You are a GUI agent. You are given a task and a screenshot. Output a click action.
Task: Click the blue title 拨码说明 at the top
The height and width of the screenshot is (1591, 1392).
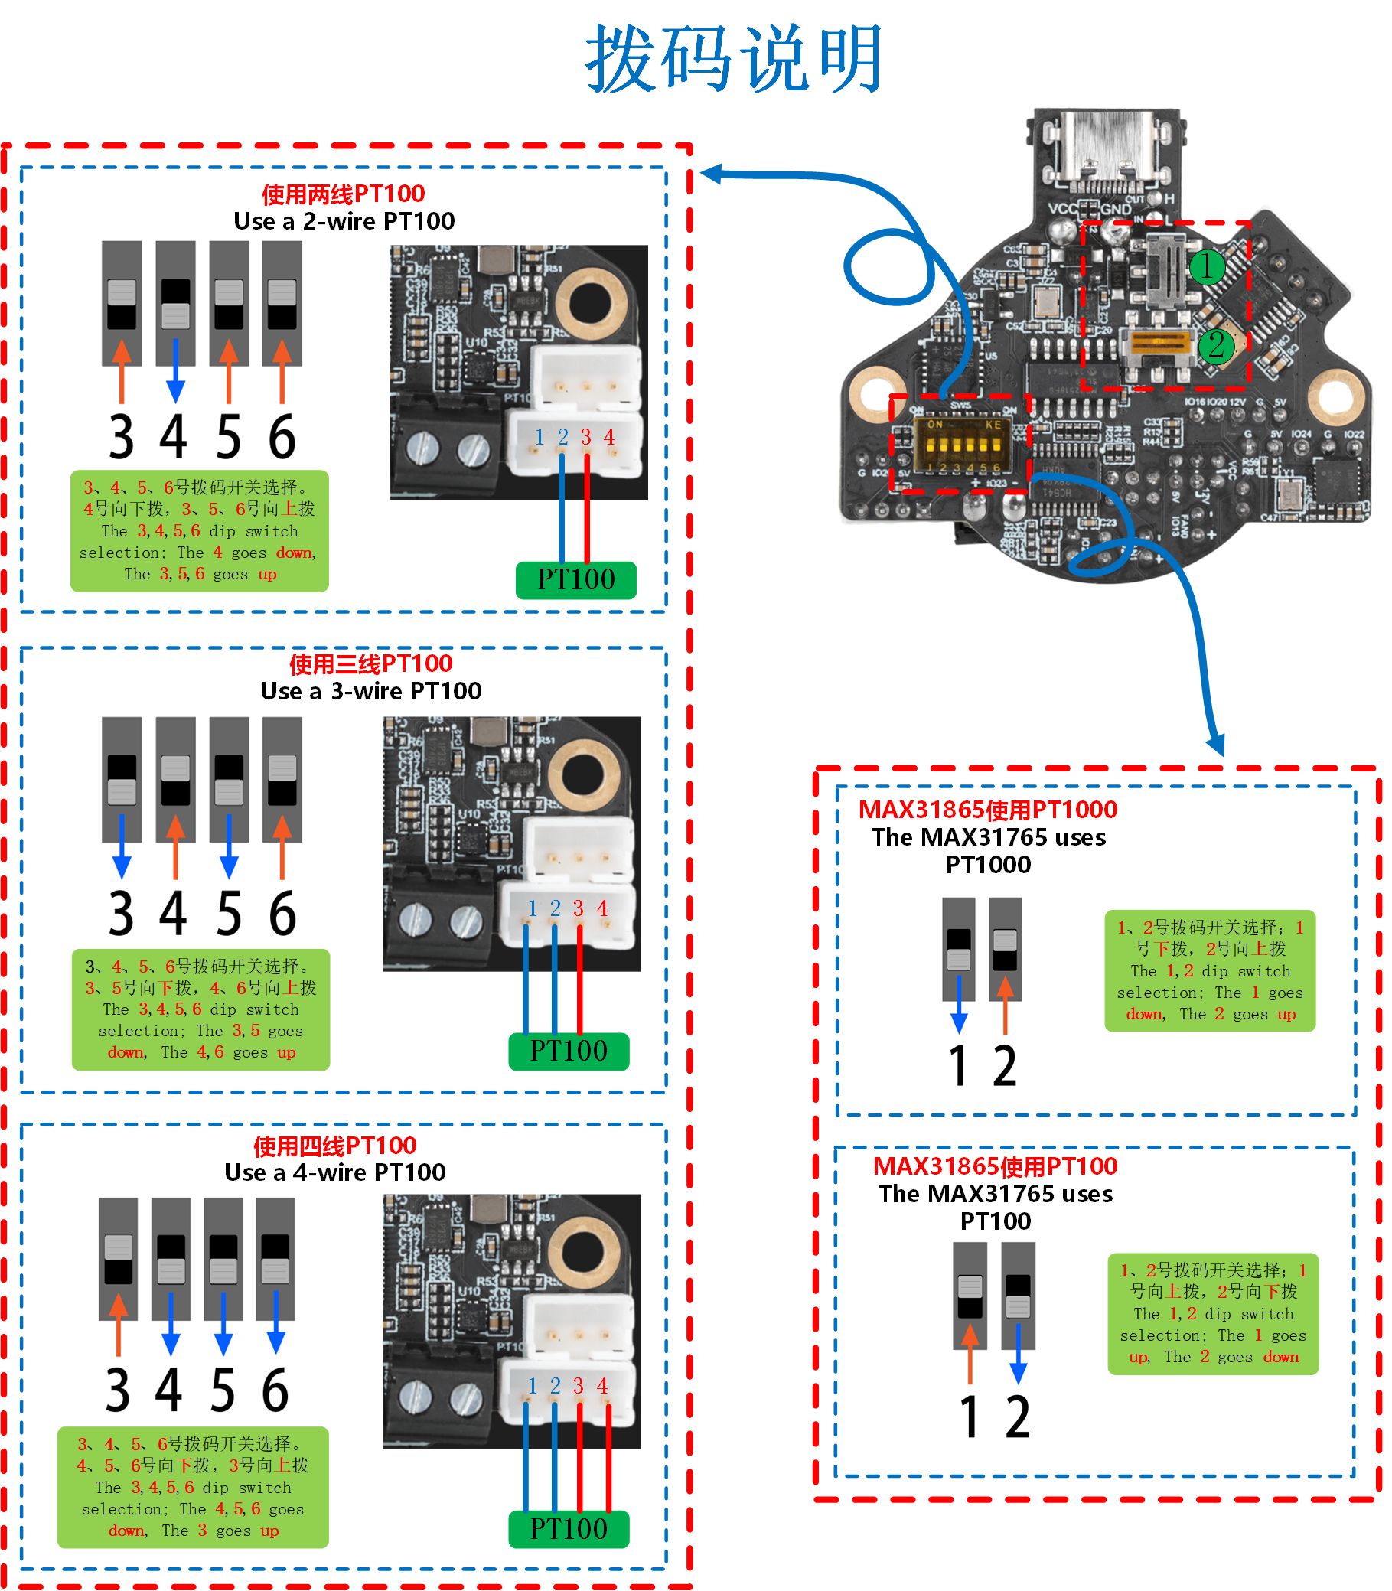(734, 58)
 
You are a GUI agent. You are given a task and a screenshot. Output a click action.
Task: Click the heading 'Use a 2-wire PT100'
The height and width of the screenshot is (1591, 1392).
(344, 221)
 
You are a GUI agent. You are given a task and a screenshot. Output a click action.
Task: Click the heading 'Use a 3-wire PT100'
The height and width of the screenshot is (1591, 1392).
(370, 690)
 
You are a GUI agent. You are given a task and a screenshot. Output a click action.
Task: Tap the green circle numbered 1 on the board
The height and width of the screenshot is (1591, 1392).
(1206, 266)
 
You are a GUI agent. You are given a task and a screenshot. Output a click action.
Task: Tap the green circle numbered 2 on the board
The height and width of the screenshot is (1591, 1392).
(1216, 346)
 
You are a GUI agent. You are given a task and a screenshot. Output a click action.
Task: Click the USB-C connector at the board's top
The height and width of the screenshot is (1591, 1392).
(1105, 152)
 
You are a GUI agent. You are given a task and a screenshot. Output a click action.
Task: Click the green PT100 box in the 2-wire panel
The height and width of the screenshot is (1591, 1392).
(575, 579)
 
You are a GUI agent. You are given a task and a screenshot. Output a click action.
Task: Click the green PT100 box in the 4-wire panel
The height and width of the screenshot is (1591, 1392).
(569, 1529)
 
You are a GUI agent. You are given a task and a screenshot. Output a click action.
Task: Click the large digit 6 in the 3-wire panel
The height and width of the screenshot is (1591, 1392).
(282, 914)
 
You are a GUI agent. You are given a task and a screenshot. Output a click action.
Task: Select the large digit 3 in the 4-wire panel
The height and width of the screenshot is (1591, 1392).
(118, 1390)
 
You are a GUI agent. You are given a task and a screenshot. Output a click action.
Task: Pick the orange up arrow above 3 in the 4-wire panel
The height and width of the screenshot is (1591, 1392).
(118, 1321)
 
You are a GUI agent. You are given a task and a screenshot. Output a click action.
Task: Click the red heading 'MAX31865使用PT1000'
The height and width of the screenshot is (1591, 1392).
(987, 810)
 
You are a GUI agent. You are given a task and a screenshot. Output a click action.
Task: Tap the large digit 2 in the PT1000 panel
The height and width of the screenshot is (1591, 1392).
(1004, 1066)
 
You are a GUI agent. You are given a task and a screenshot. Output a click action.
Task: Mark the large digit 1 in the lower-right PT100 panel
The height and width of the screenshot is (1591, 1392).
(970, 1417)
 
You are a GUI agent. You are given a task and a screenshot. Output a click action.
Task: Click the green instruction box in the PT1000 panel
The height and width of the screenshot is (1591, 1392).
(1209, 970)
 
